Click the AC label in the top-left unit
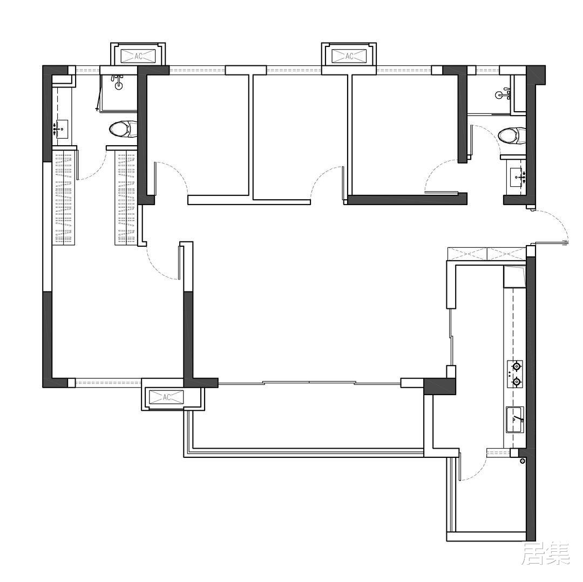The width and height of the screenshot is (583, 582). point(138,56)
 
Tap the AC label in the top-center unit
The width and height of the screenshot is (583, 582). point(349,56)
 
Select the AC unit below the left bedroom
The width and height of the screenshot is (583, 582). point(166,397)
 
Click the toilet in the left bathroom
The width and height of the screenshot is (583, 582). point(123,129)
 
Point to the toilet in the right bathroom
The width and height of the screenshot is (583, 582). point(512,135)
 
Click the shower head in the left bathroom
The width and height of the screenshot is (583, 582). point(118,83)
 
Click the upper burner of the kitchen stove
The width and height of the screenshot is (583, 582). point(516,367)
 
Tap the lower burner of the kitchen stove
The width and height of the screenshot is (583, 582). point(516,382)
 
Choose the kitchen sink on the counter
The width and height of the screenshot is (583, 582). point(515,419)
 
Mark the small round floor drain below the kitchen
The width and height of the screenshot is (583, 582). point(523,461)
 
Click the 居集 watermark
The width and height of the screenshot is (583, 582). point(546,554)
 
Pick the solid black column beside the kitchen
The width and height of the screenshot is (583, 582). point(440,387)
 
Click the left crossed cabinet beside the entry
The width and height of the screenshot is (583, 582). point(467,254)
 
